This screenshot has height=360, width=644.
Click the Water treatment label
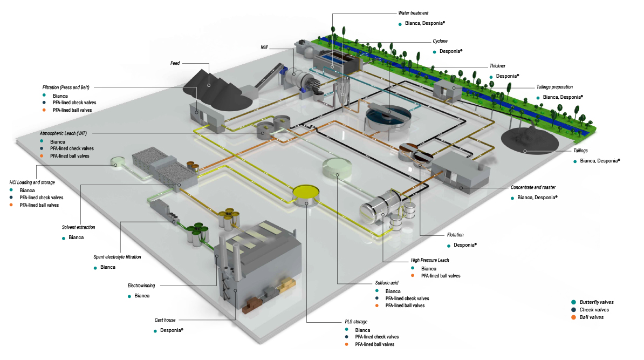[x=413, y=13]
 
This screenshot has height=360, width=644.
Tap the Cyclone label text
[x=440, y=41]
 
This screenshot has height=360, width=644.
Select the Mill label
[x=264, y=47]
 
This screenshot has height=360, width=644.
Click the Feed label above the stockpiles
[x=175, y=63]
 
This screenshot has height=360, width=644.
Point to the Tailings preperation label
[x=554, y=87]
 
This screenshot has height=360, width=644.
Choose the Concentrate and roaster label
[x=533, y=187]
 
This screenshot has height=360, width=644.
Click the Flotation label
[x=455, y=235]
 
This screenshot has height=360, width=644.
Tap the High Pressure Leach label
[x=430, y=260]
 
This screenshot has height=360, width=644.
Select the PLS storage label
[x=356, y=322]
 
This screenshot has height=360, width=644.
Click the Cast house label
[x=165, y=320]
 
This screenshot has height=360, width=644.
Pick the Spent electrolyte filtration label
[x=117, y=257]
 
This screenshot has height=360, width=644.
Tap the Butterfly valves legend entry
[x=597, y=302]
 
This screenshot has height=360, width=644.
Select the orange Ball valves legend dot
[x=573, y=317]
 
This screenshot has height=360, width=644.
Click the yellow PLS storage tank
[x=306, y=192]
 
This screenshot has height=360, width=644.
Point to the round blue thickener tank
[x=387, y=114]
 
